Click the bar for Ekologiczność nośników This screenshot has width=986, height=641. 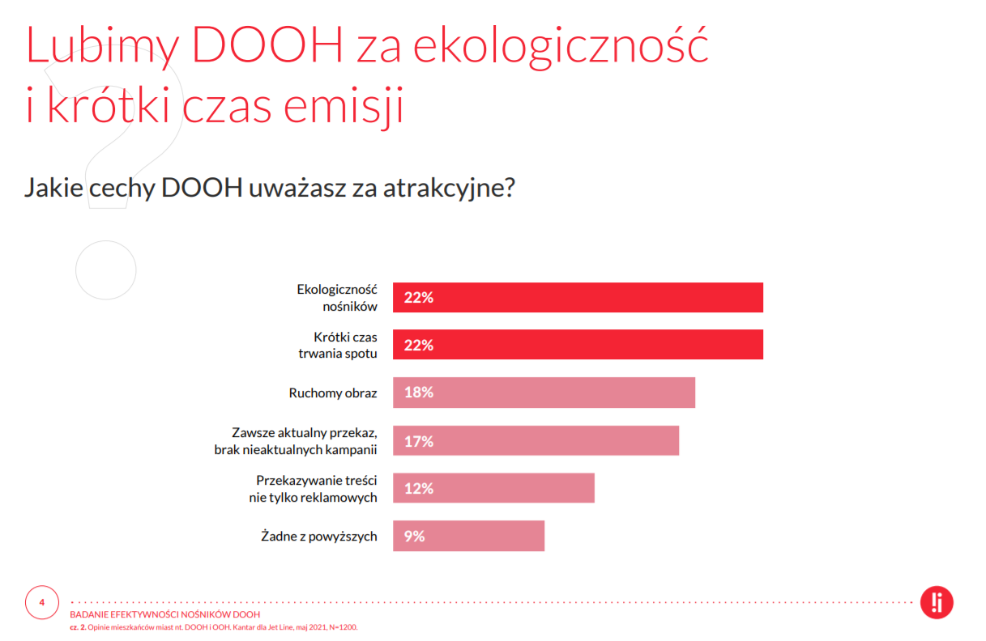[x=578, y=298]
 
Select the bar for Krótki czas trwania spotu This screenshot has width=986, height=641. [x=578, y=345]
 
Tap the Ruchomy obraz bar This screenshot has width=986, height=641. [x=544, y=393]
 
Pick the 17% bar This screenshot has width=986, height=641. [x=536, y=440]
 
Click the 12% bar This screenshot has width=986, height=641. [x=494, y=488]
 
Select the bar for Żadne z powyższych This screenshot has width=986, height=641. [x=469, y=536]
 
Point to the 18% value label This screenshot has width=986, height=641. [x=419, y=393]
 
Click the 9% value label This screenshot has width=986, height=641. [x=414, y=537]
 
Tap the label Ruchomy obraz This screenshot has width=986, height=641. [x=333, y=393]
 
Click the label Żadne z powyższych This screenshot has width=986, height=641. [x=319, y=537]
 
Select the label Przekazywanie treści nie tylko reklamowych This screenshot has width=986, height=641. [x=313, y=489]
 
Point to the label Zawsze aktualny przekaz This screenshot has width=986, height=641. [x=305, y=433]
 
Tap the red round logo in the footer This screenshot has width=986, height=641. [x=937, y=602]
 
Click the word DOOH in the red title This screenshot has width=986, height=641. [x=267, y=45]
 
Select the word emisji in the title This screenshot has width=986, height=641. [x=344, y=105]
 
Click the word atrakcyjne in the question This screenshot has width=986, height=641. [x=449, y=188]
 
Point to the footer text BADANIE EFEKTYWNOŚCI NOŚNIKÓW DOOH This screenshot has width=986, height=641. [x=165, y=614]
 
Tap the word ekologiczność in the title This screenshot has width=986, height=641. [x=561, y=46]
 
